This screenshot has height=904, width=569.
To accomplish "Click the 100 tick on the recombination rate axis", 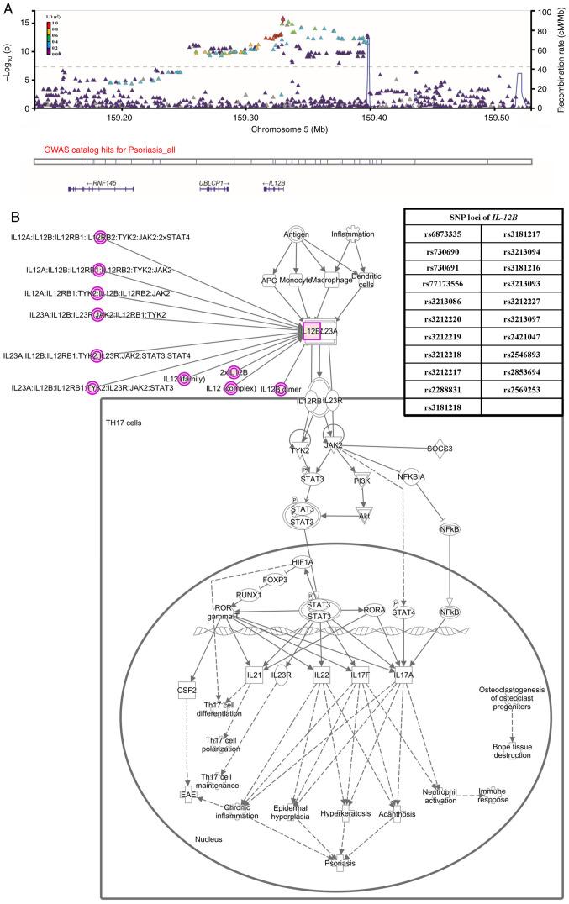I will (x=545, y=13).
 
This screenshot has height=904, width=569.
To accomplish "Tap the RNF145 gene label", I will (x=103, y=181).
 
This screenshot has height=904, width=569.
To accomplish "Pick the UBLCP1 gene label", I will (x=213, y=181).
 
